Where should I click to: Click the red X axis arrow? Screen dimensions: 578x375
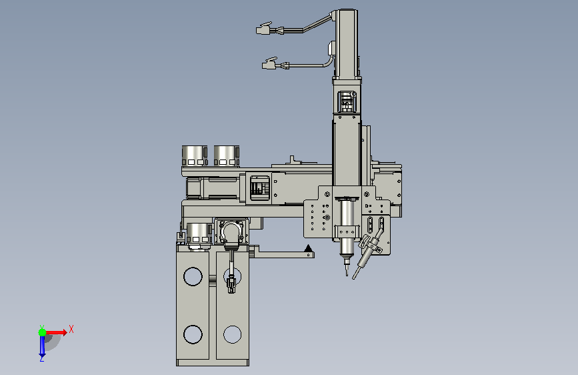click(x=55, y=332)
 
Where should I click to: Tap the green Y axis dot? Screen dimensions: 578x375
click(x=43, y=332)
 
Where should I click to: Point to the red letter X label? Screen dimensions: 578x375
click(x=71, y=329)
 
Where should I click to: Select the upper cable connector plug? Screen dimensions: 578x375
click(x=264, y=29)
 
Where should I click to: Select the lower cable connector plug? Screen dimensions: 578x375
click(x=269, y=64)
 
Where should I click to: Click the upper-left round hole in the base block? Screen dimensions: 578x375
click(x=193, y=276)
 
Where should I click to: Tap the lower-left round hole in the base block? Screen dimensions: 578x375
click(x=193, y=334)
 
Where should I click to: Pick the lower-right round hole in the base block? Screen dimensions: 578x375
click(x=232, y=334)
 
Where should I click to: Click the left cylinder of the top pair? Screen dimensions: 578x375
click(x=195, y=155)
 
